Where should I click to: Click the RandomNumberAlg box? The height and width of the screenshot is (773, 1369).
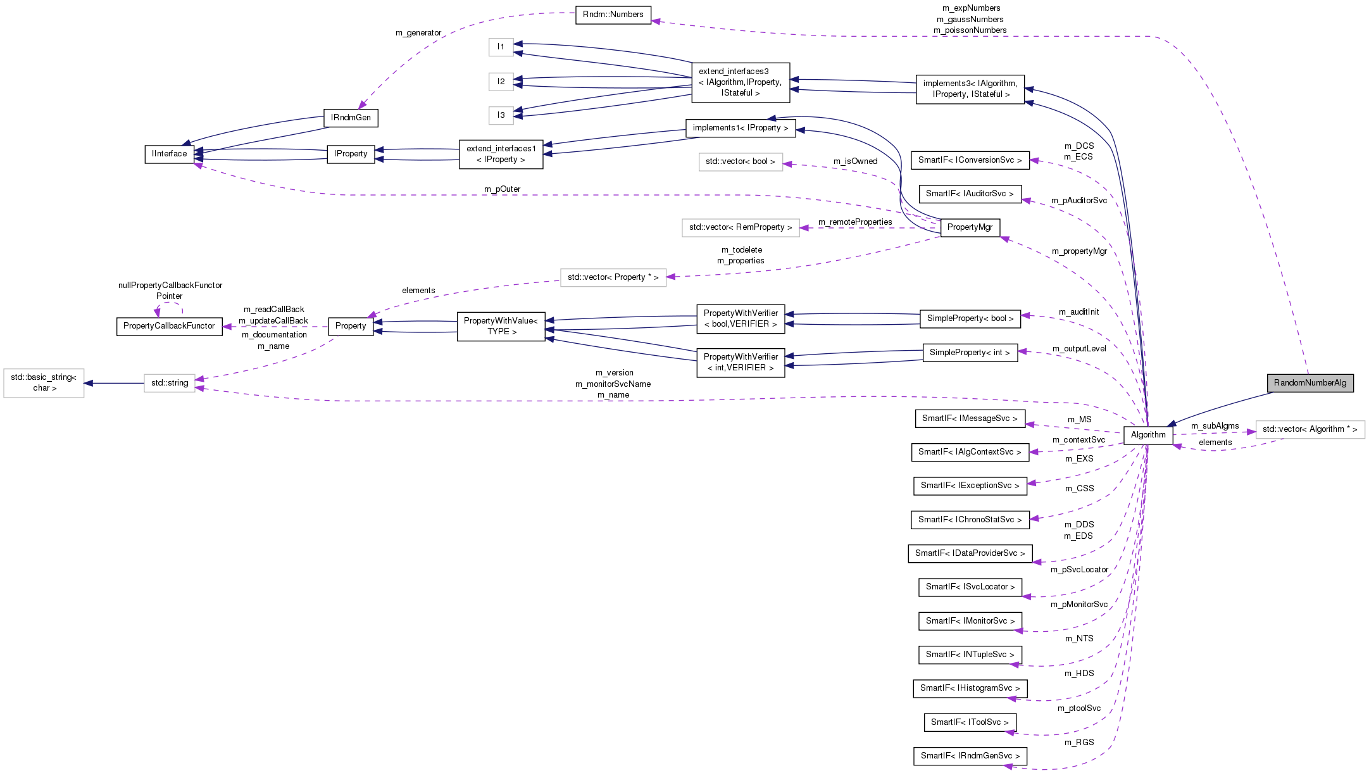tap(1310, 383)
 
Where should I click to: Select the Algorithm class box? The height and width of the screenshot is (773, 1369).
tap(1147, 435)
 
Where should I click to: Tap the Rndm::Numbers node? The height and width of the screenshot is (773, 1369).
tap(613, 15)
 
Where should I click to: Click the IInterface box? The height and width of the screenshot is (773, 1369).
tap(169, 154)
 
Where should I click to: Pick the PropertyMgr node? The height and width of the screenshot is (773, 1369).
tap(970, 227)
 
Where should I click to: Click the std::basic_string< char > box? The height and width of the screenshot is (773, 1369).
tap(44, 382)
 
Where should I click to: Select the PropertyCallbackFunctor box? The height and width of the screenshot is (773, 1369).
tap(169, 326)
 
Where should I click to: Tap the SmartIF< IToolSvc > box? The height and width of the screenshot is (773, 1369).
tap(970, 722)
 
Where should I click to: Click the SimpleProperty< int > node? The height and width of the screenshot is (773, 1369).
tap(970, 353)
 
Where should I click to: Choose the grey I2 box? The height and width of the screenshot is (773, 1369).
tap(501, 82)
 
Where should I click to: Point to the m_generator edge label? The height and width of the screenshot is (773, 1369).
tap(418, 33)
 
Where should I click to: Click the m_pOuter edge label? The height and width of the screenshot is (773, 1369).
tap(502, 189)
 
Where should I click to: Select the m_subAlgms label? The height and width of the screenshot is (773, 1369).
tap(1215, 426)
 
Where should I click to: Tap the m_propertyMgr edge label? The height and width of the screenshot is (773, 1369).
tap(1079, 251)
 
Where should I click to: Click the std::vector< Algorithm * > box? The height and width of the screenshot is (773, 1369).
tap(1310, 429)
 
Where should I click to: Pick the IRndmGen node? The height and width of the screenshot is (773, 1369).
tap(351, 118)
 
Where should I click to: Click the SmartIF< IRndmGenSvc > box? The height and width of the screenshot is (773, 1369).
tap(970, 756)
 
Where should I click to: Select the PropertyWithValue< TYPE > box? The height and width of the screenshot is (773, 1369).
tap(501, 326)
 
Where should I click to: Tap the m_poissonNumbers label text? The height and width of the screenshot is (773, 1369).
tap(970, 30)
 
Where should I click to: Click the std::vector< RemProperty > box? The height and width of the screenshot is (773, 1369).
tap(740, 227)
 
